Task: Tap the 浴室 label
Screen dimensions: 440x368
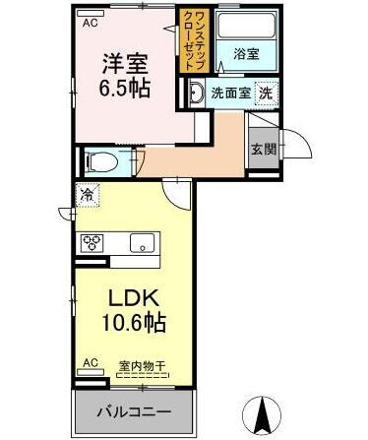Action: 247,55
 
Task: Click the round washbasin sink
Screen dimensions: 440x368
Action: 196,94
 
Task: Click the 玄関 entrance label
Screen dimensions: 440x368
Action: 262,149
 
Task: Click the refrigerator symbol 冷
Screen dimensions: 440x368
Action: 88,196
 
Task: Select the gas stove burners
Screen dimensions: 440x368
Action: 94,242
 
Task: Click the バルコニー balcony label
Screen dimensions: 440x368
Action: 133,410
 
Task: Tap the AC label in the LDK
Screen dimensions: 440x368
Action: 89,364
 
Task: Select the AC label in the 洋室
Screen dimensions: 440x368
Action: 89,22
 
